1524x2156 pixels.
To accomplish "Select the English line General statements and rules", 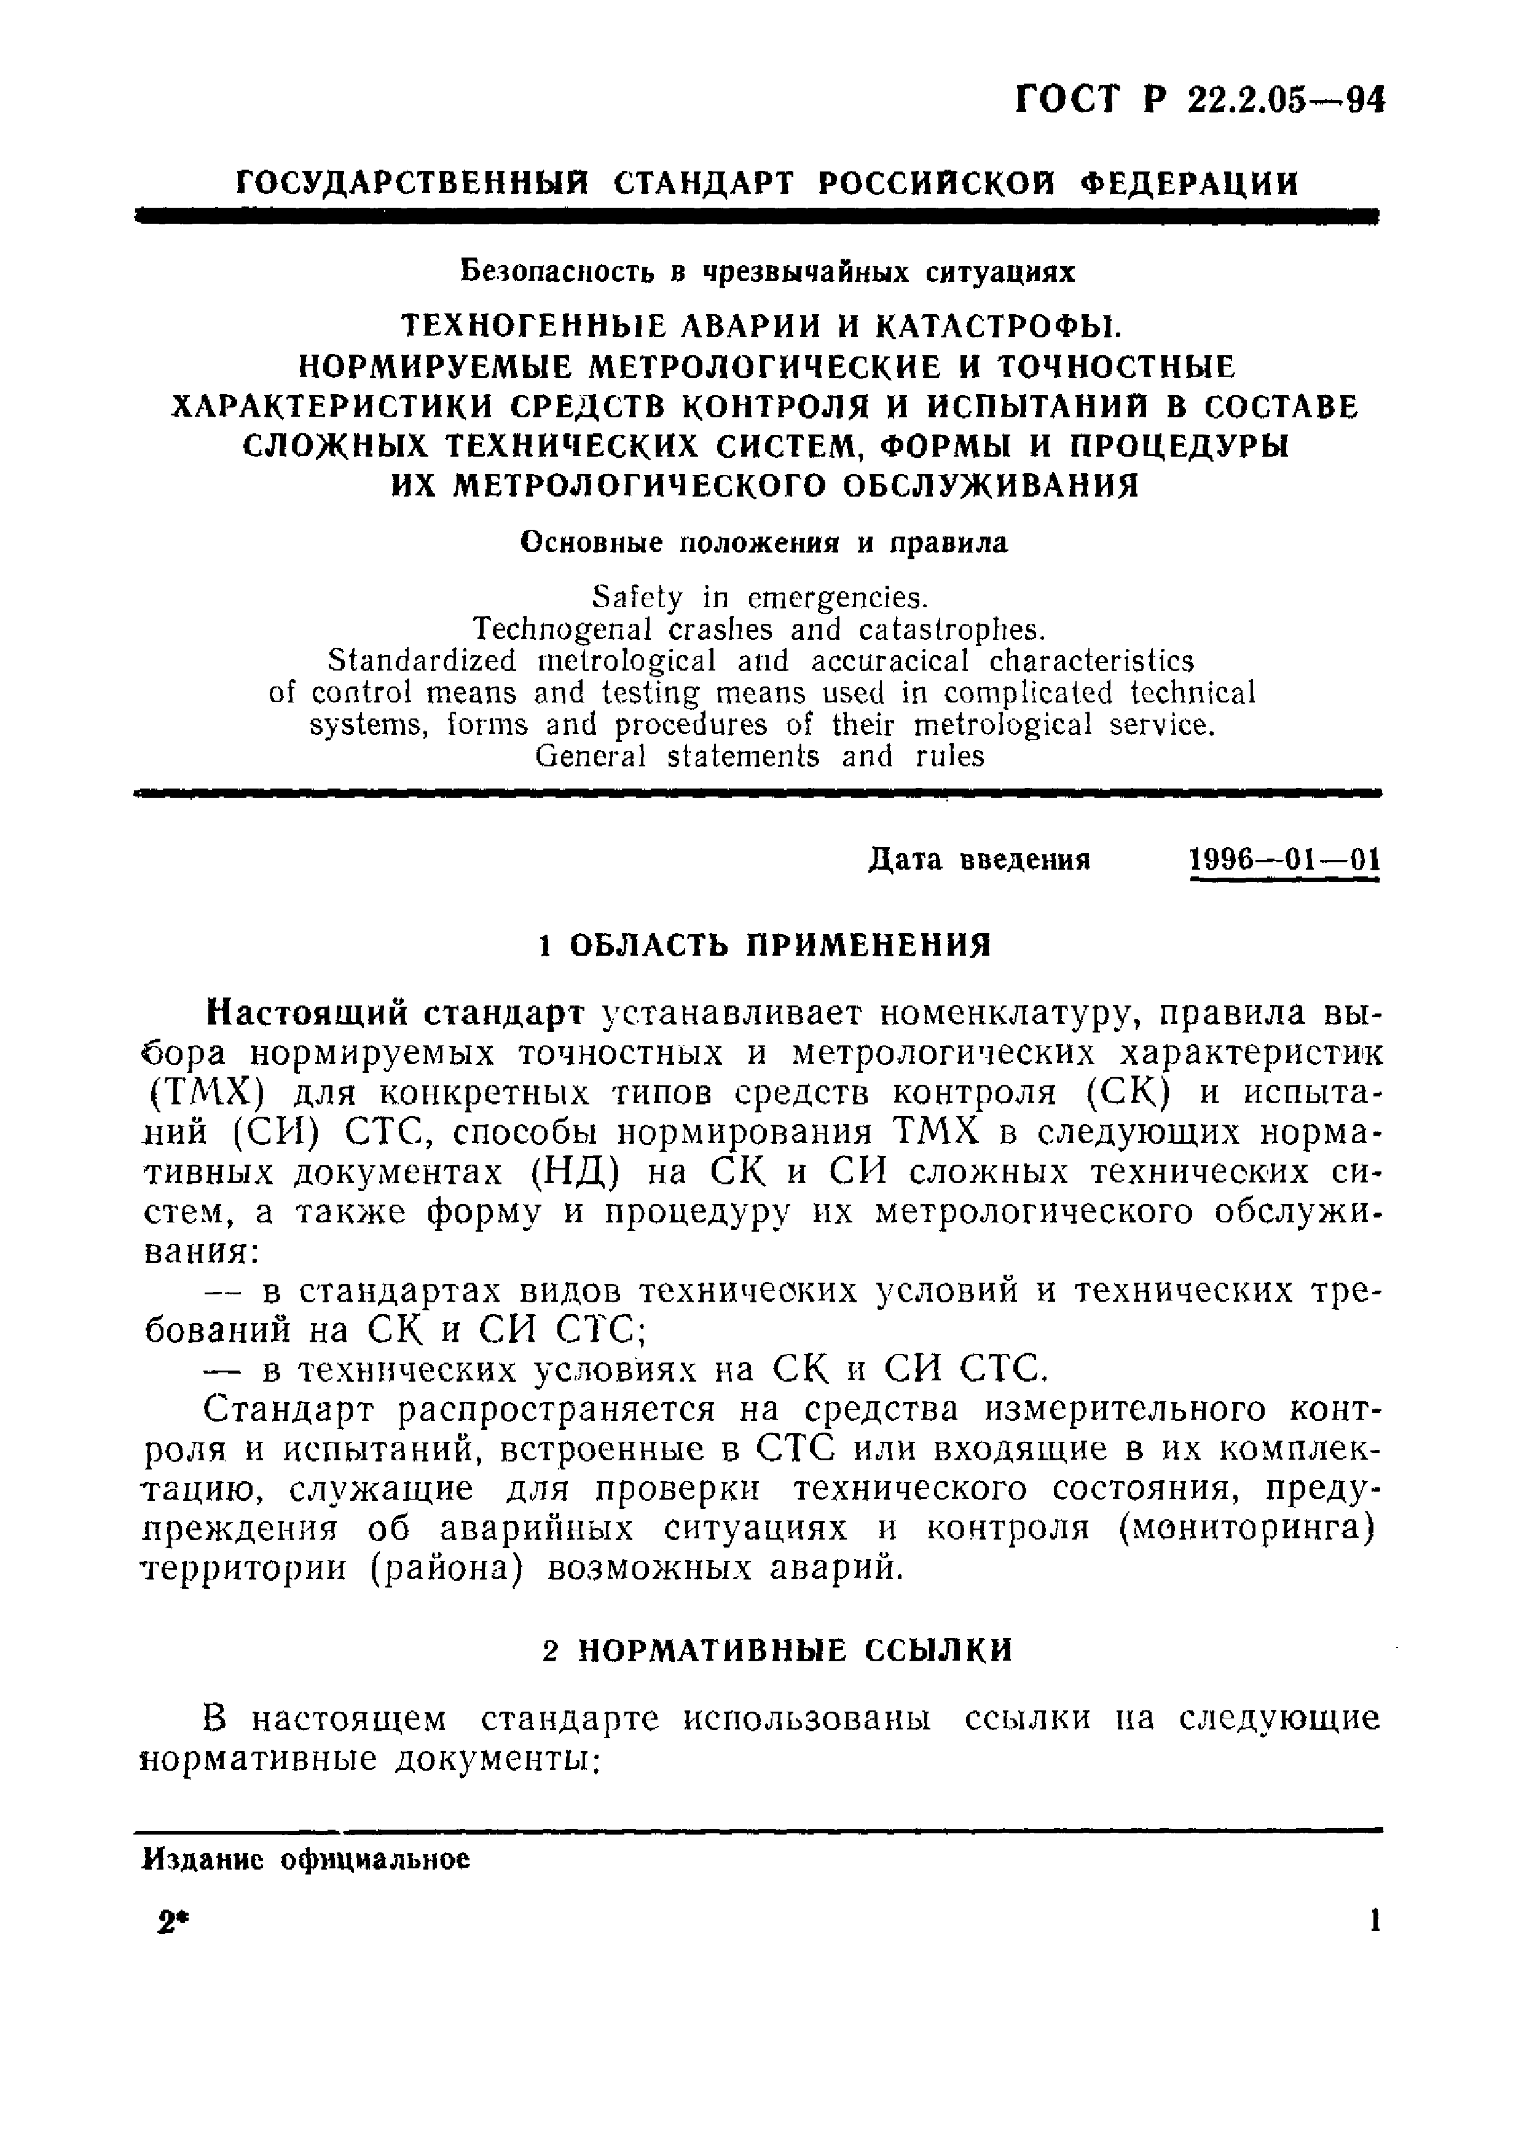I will pos(760,756).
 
